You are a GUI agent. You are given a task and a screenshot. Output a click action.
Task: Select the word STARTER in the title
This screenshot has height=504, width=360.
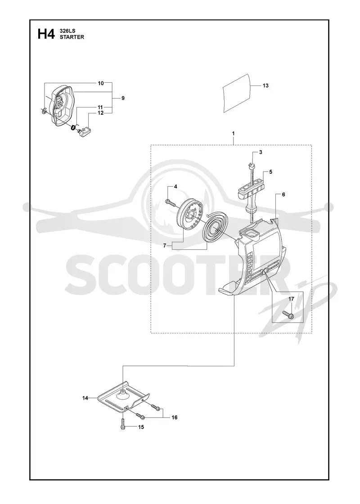tap(72, 37)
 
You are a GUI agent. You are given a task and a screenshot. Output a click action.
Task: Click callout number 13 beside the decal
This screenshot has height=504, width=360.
tap(265, 85)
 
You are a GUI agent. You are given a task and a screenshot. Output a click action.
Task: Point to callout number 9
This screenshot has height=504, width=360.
tap(123, 98)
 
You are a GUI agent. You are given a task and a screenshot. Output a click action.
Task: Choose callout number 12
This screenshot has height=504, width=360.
tap(101, 113)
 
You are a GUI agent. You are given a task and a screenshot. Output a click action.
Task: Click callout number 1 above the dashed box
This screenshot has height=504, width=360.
tap(234, 133)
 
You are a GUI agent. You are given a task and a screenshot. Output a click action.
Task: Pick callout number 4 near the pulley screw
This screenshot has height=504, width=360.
tap(175, 186)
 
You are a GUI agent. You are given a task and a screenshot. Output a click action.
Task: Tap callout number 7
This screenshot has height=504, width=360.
tap(165, 246)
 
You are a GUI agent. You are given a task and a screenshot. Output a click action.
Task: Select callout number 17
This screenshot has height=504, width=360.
tap(291, 299)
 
